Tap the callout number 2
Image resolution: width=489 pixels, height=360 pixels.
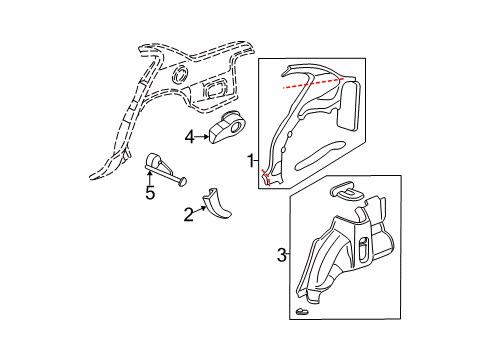187,213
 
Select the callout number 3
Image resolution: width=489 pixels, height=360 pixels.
281,255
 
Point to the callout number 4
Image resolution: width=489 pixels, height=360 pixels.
188,136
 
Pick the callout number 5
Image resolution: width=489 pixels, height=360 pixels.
150,192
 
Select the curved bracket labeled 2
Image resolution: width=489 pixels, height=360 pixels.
216,203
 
